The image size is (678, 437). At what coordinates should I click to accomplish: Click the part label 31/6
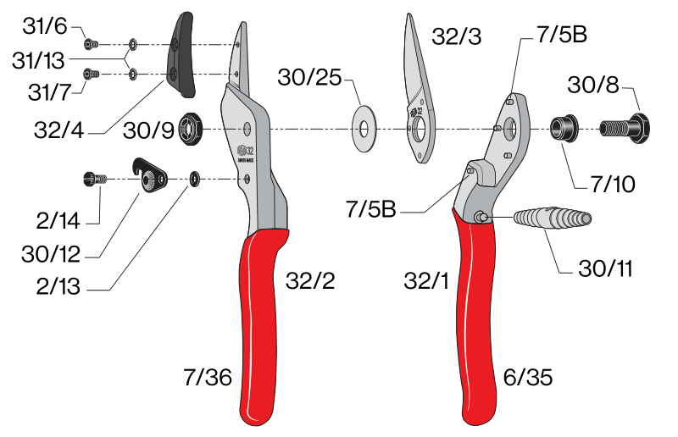[x=45, y=26]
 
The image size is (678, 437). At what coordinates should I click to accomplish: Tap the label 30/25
[x=309, y=77]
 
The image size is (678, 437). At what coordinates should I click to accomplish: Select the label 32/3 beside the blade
[x=456, y=36]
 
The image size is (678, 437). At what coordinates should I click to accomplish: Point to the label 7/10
[x=613, y=184]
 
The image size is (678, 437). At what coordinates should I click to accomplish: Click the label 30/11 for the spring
[x=605, y=268]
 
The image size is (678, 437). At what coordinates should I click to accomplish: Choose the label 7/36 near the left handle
[x=208, y=377]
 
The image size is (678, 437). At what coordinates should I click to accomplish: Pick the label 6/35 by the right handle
[x=528, y=377]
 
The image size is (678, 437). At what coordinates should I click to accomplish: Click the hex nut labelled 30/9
[x=190, y=129]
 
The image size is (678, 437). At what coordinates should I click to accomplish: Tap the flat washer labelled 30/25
[x=364, y=129]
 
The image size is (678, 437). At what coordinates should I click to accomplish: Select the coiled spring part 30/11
[x=553, y=218]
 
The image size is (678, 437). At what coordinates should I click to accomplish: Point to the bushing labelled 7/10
[x=564, y=128]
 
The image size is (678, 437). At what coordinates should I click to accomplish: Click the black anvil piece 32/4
[x=181, y=54]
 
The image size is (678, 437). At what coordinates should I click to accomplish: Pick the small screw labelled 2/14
[x=94, y=179]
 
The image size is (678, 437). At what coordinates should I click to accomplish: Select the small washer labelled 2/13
[x=194, y=179]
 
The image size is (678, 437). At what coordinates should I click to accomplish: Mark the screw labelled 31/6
[x=91, y=44]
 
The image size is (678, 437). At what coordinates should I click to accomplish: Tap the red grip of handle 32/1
[x=475, y=318]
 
